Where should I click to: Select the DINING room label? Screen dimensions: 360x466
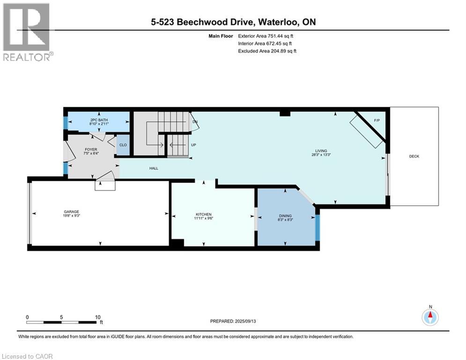coord(285,216)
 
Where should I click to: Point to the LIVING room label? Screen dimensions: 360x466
coord(321,150)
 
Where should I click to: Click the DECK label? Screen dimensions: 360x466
coord(414,156)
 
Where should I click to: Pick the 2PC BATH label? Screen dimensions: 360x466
coord(99,120)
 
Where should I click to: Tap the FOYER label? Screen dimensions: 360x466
coord(90,150)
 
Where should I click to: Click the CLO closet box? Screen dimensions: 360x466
coord(123,145)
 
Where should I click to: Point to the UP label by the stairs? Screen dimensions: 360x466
coord(192,145)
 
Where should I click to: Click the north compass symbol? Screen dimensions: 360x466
coord(430,317)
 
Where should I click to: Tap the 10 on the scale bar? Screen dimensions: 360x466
coord(97,317)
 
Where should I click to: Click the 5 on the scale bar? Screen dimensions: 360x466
coord(61,317)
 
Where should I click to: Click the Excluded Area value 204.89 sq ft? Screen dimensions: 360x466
coord(280,51)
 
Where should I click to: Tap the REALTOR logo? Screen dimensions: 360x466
coord(27,32)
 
